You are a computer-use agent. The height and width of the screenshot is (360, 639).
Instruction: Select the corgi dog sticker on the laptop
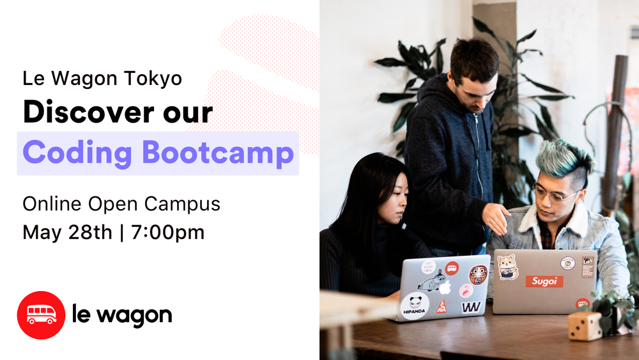click(x=508, y=267)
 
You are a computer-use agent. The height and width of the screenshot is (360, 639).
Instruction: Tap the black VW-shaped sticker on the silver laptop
click(x=471, y=308)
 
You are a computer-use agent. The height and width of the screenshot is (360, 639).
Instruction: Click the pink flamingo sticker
click(x=466, y=291)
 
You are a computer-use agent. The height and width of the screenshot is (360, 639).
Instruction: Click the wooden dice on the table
click(x=585, y=325)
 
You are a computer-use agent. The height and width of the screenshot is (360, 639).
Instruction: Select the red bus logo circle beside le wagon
click(x=41, y=315)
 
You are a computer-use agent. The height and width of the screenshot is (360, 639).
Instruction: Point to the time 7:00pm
click(x=168, y=232)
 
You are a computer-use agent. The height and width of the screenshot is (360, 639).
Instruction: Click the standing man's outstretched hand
click(x=496, y=218)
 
